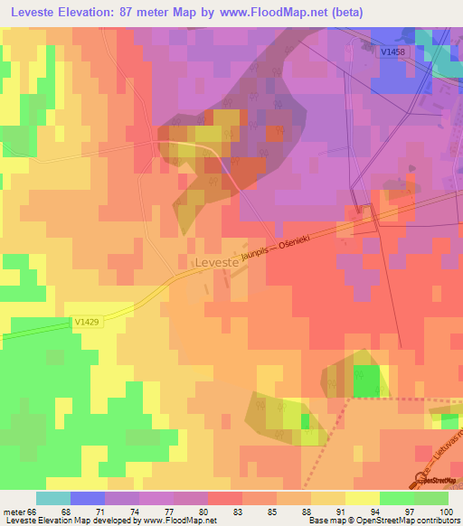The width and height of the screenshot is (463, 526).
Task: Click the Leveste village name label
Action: pos(216,263)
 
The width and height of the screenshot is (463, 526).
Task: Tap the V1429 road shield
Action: pos(87,321)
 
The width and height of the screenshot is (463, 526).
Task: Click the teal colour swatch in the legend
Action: pos(53,498)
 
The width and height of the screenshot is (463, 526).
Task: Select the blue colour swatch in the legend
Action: pos(88,498)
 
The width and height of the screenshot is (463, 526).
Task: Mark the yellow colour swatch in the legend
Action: pos(362,498)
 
